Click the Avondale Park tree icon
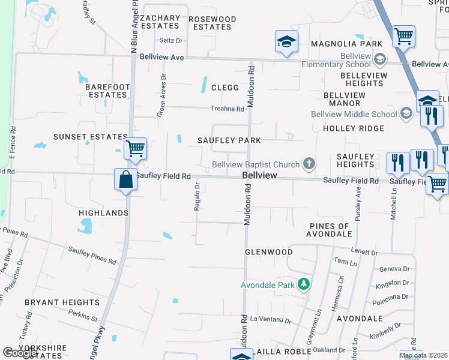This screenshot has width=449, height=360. click(304, 284)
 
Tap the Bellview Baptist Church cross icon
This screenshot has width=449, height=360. click(309, 164)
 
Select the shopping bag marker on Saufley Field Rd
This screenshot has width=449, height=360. click(125, 179)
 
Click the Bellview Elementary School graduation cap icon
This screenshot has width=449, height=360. click(379, 59)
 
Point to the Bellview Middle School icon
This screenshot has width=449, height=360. click(406, 114)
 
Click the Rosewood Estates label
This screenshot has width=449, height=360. click(212, 23)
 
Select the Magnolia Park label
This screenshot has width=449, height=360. click(347, 44)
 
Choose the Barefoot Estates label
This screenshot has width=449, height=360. click(108, 91)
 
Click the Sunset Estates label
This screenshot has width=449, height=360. click(91, 137)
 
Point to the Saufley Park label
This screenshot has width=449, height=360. click(229, 140)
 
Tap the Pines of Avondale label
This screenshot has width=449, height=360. click(328, 230)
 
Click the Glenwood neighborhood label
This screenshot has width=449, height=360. click(268, 252)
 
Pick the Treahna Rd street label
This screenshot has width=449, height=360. click(227, 109)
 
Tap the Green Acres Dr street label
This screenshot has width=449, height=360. click(161, 97)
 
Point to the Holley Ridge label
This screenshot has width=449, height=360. click(353, 128)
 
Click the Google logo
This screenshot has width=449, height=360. click(19, 353)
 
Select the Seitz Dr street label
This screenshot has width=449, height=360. click(170, 40)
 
